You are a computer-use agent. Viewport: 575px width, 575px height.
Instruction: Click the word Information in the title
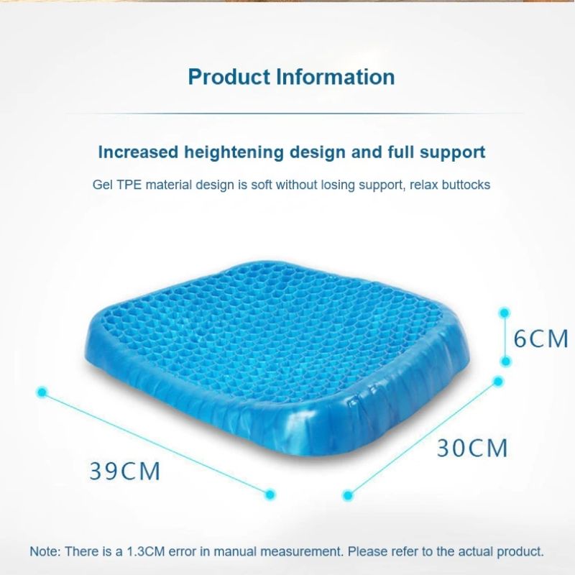click(x=336, y=77)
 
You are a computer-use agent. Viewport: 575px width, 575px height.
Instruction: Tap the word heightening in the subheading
click(x=234, y=153)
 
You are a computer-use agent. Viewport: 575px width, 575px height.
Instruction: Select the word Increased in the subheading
click(x=138, y=152)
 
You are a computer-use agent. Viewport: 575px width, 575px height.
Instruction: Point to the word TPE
click(x=129, y=185)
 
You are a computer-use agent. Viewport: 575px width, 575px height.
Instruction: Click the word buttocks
click(x=466, y=185)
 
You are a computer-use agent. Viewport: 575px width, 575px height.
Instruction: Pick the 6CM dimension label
click(x=540, y=339)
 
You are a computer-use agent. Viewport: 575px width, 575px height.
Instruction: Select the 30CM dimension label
click(x=472, y=448)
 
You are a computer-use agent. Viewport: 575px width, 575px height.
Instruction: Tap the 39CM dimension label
click(x=124, y=471)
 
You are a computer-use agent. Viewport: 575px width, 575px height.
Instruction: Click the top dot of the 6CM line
click(x=505, y=313)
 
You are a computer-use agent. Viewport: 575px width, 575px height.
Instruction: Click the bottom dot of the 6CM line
click(x=506, y=362)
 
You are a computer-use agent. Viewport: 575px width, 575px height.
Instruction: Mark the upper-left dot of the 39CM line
click(x=42, y=392)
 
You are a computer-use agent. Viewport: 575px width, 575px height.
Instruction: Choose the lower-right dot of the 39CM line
click(x=270, y=494)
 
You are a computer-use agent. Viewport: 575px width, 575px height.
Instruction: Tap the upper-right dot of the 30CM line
click(x=498, y=382)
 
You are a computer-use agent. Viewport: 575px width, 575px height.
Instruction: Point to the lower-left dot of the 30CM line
click(x=347, y=496)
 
